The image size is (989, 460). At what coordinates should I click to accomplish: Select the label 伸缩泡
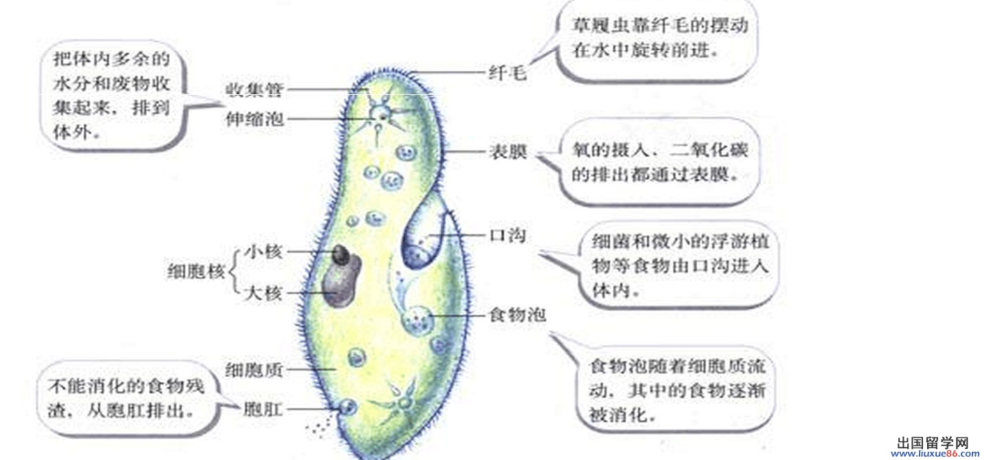[254, 119]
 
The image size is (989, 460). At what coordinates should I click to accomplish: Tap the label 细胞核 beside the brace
[196, 272]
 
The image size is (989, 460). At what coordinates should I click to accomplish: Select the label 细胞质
[254, 370]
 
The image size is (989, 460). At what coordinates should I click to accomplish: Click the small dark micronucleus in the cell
[340, 256]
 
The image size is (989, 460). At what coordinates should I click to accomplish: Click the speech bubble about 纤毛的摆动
[660, 39]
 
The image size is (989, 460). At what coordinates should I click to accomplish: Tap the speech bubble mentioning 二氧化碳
[659, 162]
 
